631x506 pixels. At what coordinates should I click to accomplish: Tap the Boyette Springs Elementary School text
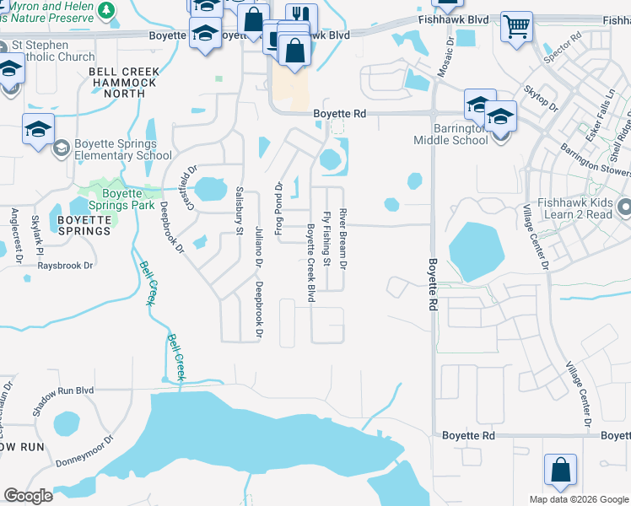pyautogui.click(x=122, y=149)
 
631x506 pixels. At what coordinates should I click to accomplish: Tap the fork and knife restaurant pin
pyautogui.click(x=301, y=17)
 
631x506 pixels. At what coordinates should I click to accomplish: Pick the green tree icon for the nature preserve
pyautogui.click(x=106, y=9)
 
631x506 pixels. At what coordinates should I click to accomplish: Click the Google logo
pyautogui.click(x=28, y=496)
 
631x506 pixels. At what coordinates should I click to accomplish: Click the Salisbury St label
pyautogui.click(x=240, y=211)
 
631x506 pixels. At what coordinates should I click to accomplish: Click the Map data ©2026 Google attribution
pyautogui.click(x=578, y=498)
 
